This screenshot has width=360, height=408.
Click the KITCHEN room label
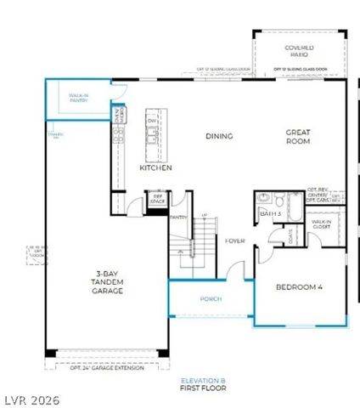point(155,168)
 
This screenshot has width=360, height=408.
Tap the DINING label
point(219,135)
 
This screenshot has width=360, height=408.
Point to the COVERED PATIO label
point(299,51)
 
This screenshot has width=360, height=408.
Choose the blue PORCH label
point(211,299)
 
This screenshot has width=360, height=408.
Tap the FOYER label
point(235,241)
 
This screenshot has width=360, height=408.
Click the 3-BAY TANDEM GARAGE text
point(109,283)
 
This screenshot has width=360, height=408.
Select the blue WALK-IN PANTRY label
point(79,99)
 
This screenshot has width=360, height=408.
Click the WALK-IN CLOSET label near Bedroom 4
point(321,226)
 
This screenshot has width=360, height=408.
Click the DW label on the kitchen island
point(152,121)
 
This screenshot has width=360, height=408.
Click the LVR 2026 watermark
point(31,399)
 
